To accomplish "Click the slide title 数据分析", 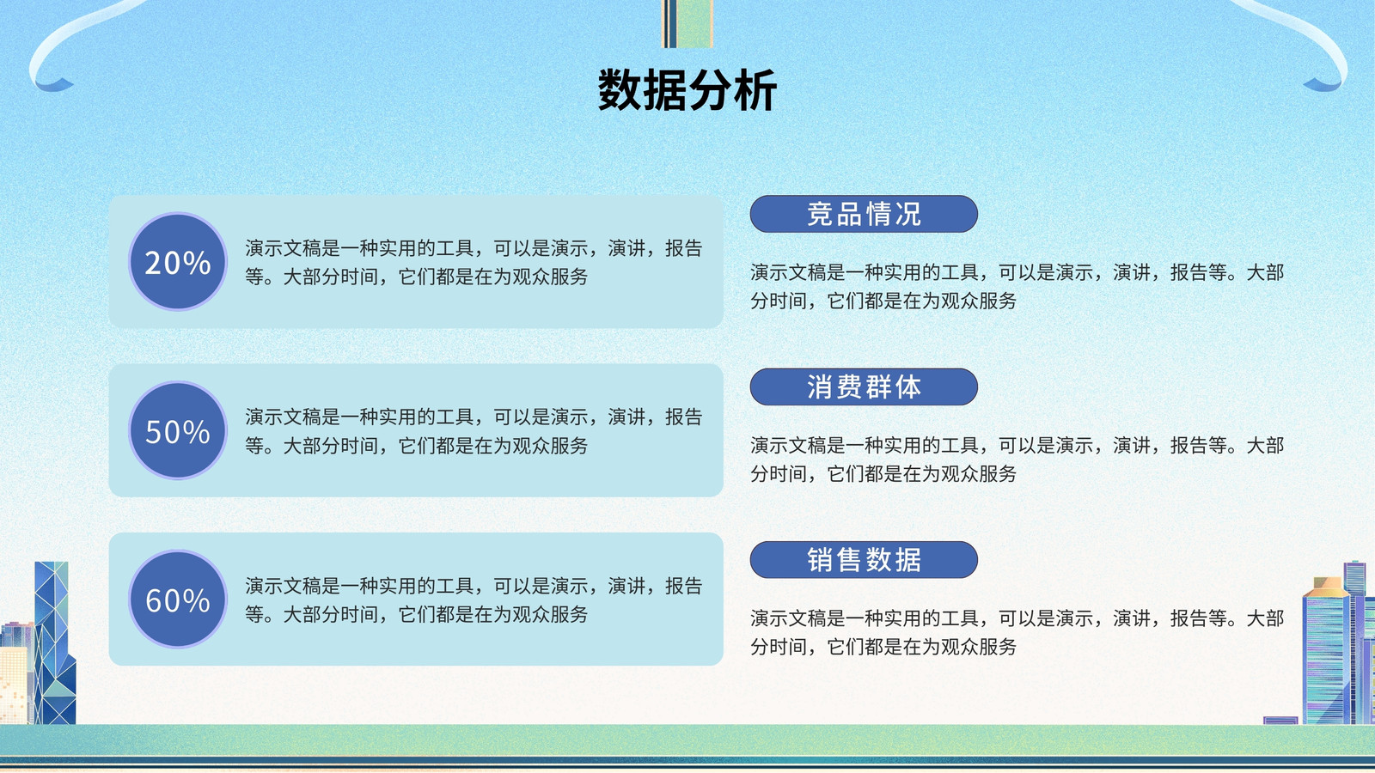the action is [687, 90].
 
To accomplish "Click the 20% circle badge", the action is [178, 261].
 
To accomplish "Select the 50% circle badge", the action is [178, 430].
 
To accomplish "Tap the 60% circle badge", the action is [178, 599].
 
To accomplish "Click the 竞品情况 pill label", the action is [864, 214].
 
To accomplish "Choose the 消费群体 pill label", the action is [864, 387].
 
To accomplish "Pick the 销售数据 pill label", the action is [864, 560].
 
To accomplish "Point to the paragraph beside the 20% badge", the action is [474, 262].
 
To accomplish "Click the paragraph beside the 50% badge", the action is [474, 430].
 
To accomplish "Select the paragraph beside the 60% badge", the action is [474, 600].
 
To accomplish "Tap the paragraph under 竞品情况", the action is [1017, 286].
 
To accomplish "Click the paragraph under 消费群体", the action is [1017, 459].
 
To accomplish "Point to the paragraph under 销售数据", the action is [1017, 632].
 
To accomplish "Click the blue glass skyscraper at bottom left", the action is [54, 643].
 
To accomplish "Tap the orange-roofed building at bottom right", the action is [1326, 650].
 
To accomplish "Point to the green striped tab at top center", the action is [687, 23].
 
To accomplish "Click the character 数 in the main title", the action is [620, 90].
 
